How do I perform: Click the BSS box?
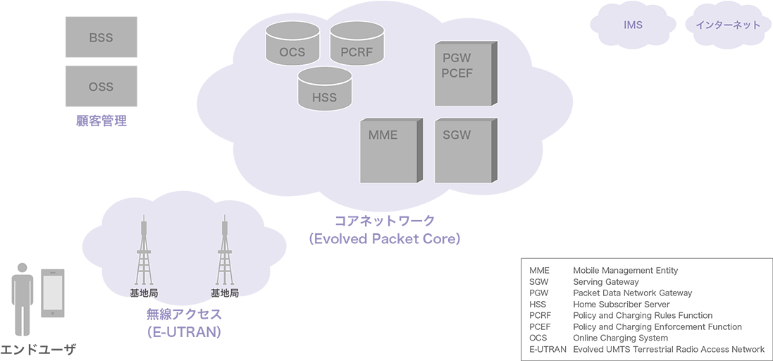pyautogui.click(x=101, y=37)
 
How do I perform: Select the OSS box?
pyautogui.click(x=101, y=87)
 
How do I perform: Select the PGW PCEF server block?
pyautogui.click(x=462, y=73)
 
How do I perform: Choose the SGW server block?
pyautogui.click(x=462, y=151)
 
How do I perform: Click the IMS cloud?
pyautogui.click(x=632, y=25)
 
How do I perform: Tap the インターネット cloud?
pyautogui.click(x=727, y=25)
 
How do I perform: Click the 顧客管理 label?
pyautogui.click(x=101, y=121)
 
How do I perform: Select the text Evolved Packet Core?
pyautogui.click(x=384, y=239)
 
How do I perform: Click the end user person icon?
pyautogui.click(x=23, y=300)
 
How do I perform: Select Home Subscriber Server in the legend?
pyautogui.click(x=621, y=304)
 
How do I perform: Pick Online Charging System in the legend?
pyautogui.click(x=620, y=338)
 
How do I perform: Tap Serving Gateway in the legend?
pyautogui.click(x=605, y=281)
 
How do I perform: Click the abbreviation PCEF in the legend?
pyautogui.click(x=540, y=326)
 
